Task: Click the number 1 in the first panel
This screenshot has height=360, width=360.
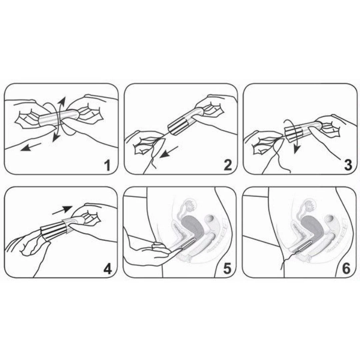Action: (107, 166)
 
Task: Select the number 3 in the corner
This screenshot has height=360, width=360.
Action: (348, 165)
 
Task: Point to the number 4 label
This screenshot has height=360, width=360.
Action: (107, 269)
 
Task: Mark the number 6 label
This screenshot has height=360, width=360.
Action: (346, 269)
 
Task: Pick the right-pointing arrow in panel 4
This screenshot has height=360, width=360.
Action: (62, 210)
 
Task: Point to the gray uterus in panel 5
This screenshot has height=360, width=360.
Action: (193, 227)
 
